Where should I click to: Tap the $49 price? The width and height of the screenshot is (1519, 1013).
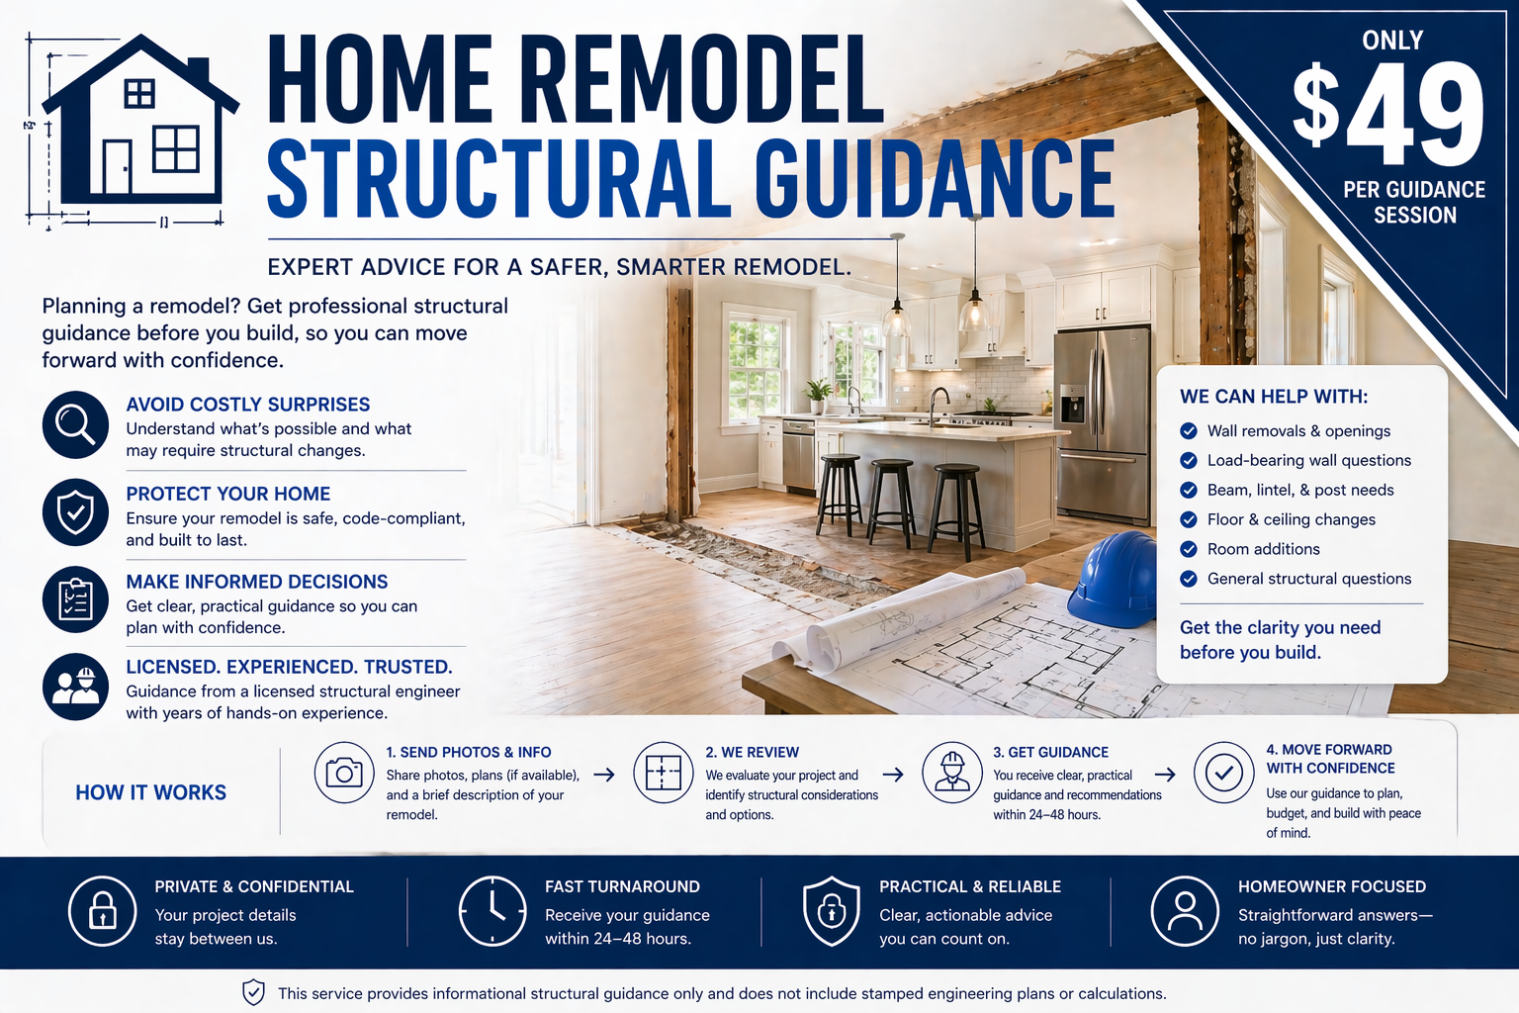1388,114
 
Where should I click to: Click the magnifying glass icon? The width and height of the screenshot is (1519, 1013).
75,424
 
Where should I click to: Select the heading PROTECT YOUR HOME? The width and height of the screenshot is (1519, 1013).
228,494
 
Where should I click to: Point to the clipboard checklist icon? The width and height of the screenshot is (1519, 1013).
75,600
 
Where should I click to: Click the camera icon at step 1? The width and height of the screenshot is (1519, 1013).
344,773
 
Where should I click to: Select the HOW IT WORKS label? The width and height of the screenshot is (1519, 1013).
151,792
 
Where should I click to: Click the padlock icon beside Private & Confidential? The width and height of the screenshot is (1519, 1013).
103,911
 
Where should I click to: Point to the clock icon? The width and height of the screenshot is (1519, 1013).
492,911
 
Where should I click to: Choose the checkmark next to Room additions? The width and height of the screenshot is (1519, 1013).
1189,549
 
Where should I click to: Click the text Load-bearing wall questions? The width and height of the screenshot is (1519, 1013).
1308,460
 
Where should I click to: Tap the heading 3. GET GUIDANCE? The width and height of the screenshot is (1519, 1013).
1050,752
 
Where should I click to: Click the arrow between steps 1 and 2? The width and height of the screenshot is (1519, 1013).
604,775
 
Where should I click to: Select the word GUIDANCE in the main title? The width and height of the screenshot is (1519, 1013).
935,178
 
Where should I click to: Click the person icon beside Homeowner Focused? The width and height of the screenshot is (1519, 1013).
1184,911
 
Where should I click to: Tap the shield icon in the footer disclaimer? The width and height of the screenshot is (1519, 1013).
254,993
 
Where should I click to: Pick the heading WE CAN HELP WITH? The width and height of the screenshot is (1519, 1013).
1274,397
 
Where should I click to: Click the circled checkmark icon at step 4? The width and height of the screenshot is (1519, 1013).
1223,773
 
